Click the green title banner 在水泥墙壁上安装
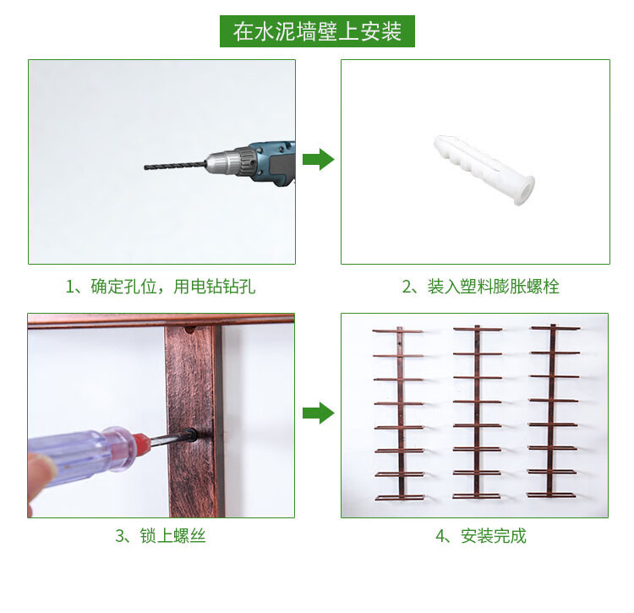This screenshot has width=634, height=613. coord(317,31)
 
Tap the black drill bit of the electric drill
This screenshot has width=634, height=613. coord(175,166)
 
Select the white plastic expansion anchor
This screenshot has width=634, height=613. coord(484,170)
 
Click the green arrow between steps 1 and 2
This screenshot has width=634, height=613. coord(318,159)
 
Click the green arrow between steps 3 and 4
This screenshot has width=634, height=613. coord(318,413)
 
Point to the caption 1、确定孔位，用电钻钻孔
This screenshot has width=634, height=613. coord(161,287)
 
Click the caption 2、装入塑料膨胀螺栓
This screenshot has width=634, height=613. coord(481,287)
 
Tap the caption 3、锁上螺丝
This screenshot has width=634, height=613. coord(161,536)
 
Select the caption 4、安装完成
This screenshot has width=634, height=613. coord(481,536)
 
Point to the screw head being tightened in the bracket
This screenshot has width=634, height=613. coord(190,435)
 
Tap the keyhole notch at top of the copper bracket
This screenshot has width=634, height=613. coord(189,331)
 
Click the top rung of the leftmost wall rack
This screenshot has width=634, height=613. coord(398,331)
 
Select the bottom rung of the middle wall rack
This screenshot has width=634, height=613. coord(477,496)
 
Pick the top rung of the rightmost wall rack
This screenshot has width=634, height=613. coord(555,328)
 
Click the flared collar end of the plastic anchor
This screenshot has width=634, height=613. coord(524,190)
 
